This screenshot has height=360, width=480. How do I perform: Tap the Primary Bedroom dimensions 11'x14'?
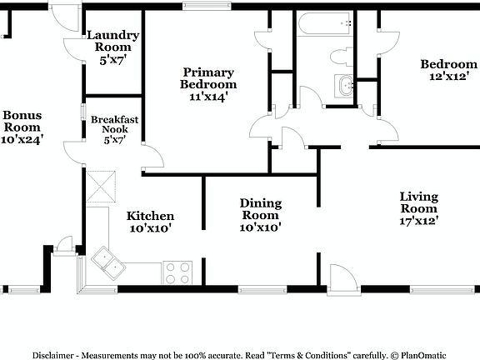click(208, 97)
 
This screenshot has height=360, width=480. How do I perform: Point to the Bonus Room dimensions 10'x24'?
click(22, 139)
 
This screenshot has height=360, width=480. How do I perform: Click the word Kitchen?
click(150, 216)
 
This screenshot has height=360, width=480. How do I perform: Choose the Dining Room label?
click(260, 203)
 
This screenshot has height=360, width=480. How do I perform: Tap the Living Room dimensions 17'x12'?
click(419, 221)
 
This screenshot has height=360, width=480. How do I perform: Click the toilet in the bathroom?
click(342, 57)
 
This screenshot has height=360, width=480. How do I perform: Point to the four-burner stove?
click(177, 272)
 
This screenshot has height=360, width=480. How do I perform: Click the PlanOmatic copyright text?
click(433, 353)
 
